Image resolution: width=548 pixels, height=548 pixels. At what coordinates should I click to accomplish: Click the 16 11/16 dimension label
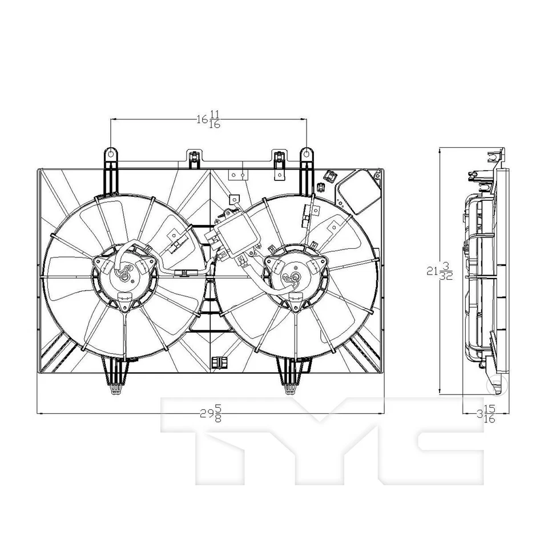click(209, 120)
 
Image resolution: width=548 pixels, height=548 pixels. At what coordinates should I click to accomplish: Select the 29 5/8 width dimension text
click(209, 413)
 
